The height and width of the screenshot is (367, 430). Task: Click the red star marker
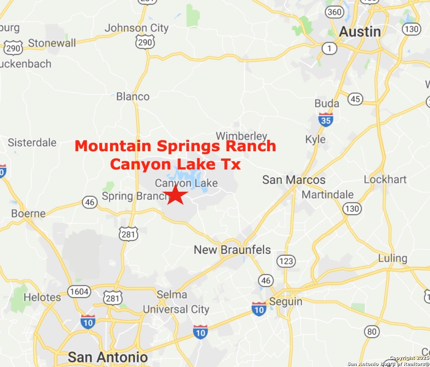point(175,195)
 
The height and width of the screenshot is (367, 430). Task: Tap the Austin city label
point(360,32)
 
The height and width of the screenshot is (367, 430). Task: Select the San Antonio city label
point(107,357)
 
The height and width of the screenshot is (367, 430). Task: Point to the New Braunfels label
point(232,250)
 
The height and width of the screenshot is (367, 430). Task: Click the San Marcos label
point(294,180)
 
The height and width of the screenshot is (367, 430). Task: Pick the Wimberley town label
point(241,136)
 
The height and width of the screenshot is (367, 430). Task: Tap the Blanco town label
point(133,97)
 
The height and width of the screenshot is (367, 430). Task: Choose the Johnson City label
point(136,28)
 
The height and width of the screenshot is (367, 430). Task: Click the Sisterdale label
point(32,143)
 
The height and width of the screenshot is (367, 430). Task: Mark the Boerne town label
point(28,213)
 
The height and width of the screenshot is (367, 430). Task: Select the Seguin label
point(286,302)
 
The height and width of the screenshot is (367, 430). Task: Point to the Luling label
point(393,259)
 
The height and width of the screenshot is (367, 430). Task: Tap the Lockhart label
point(385,179)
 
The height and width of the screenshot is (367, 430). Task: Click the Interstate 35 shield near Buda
point(326,120)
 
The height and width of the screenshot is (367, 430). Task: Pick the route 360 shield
point(334,12)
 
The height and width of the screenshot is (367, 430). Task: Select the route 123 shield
point(286,261)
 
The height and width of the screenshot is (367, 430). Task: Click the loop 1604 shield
point(80,292)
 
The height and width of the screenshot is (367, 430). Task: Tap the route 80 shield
point(372,331)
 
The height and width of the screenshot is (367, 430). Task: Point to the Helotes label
point(42,297)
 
